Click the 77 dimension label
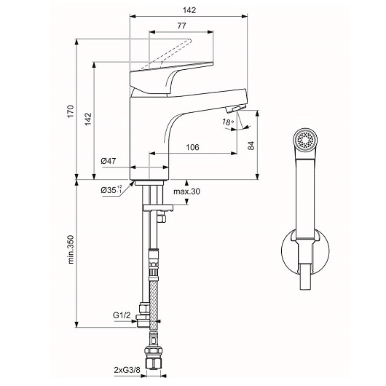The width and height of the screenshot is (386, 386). tap(181, 25)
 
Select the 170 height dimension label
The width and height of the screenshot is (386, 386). tap(71, 111)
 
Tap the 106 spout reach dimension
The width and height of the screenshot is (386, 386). tap(192, 147)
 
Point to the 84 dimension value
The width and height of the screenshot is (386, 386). tap(251, 146)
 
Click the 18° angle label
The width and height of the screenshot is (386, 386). tap(227, 122)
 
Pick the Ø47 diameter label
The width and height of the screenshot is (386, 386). tap(109, 161)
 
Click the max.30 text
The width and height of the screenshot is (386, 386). tap(186, 191)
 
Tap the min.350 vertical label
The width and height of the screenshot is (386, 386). tap(71, 249)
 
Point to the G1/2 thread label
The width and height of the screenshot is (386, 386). tap(122, 315)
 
